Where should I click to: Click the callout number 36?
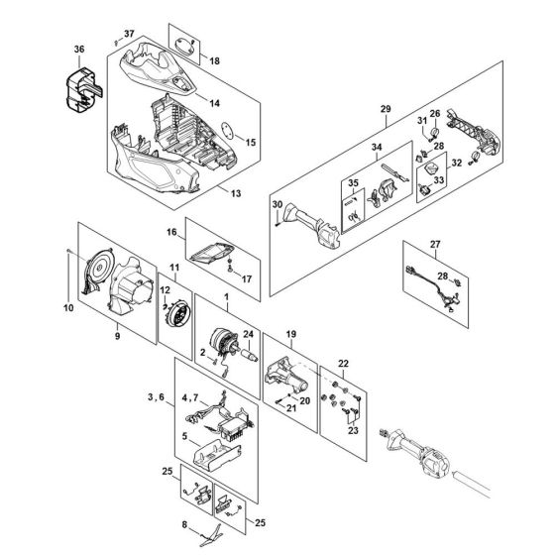pyautogui.click(x=79, y=50)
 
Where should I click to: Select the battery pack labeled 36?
pyautogui.click(x=84, y=90)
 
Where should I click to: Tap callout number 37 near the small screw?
pyautogui.click(x=129, y=34)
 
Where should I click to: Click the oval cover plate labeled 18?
pyautogui.click(x=185, y=46)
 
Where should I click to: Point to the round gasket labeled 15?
pyautogui.click(x=227, y=131)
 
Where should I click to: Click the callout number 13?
pyautogui.click(x=236, y=193)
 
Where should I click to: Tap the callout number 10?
pyautogui.click(x=68, y=307)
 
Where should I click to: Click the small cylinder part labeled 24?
pyautogui.click(x=250, y=355)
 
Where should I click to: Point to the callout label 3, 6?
pyautogui.click(x=157, y=397)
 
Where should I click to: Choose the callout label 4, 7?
pyautogui.click(x=190, y=398)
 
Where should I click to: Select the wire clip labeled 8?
pyautogui.click(x=212, y=535)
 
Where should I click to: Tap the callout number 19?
pyautogui.click(x=291, y=334)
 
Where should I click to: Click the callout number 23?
pyautogui.click(x=353, y=430)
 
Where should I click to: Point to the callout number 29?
pyautogui.click(x=386, y=109)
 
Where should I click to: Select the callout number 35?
pyautogui.click(x=353, y=183)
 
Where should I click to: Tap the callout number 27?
pyautogui.click(x=435, y=244)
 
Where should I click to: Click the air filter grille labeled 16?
pyautogui.click(x=212, y=254)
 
